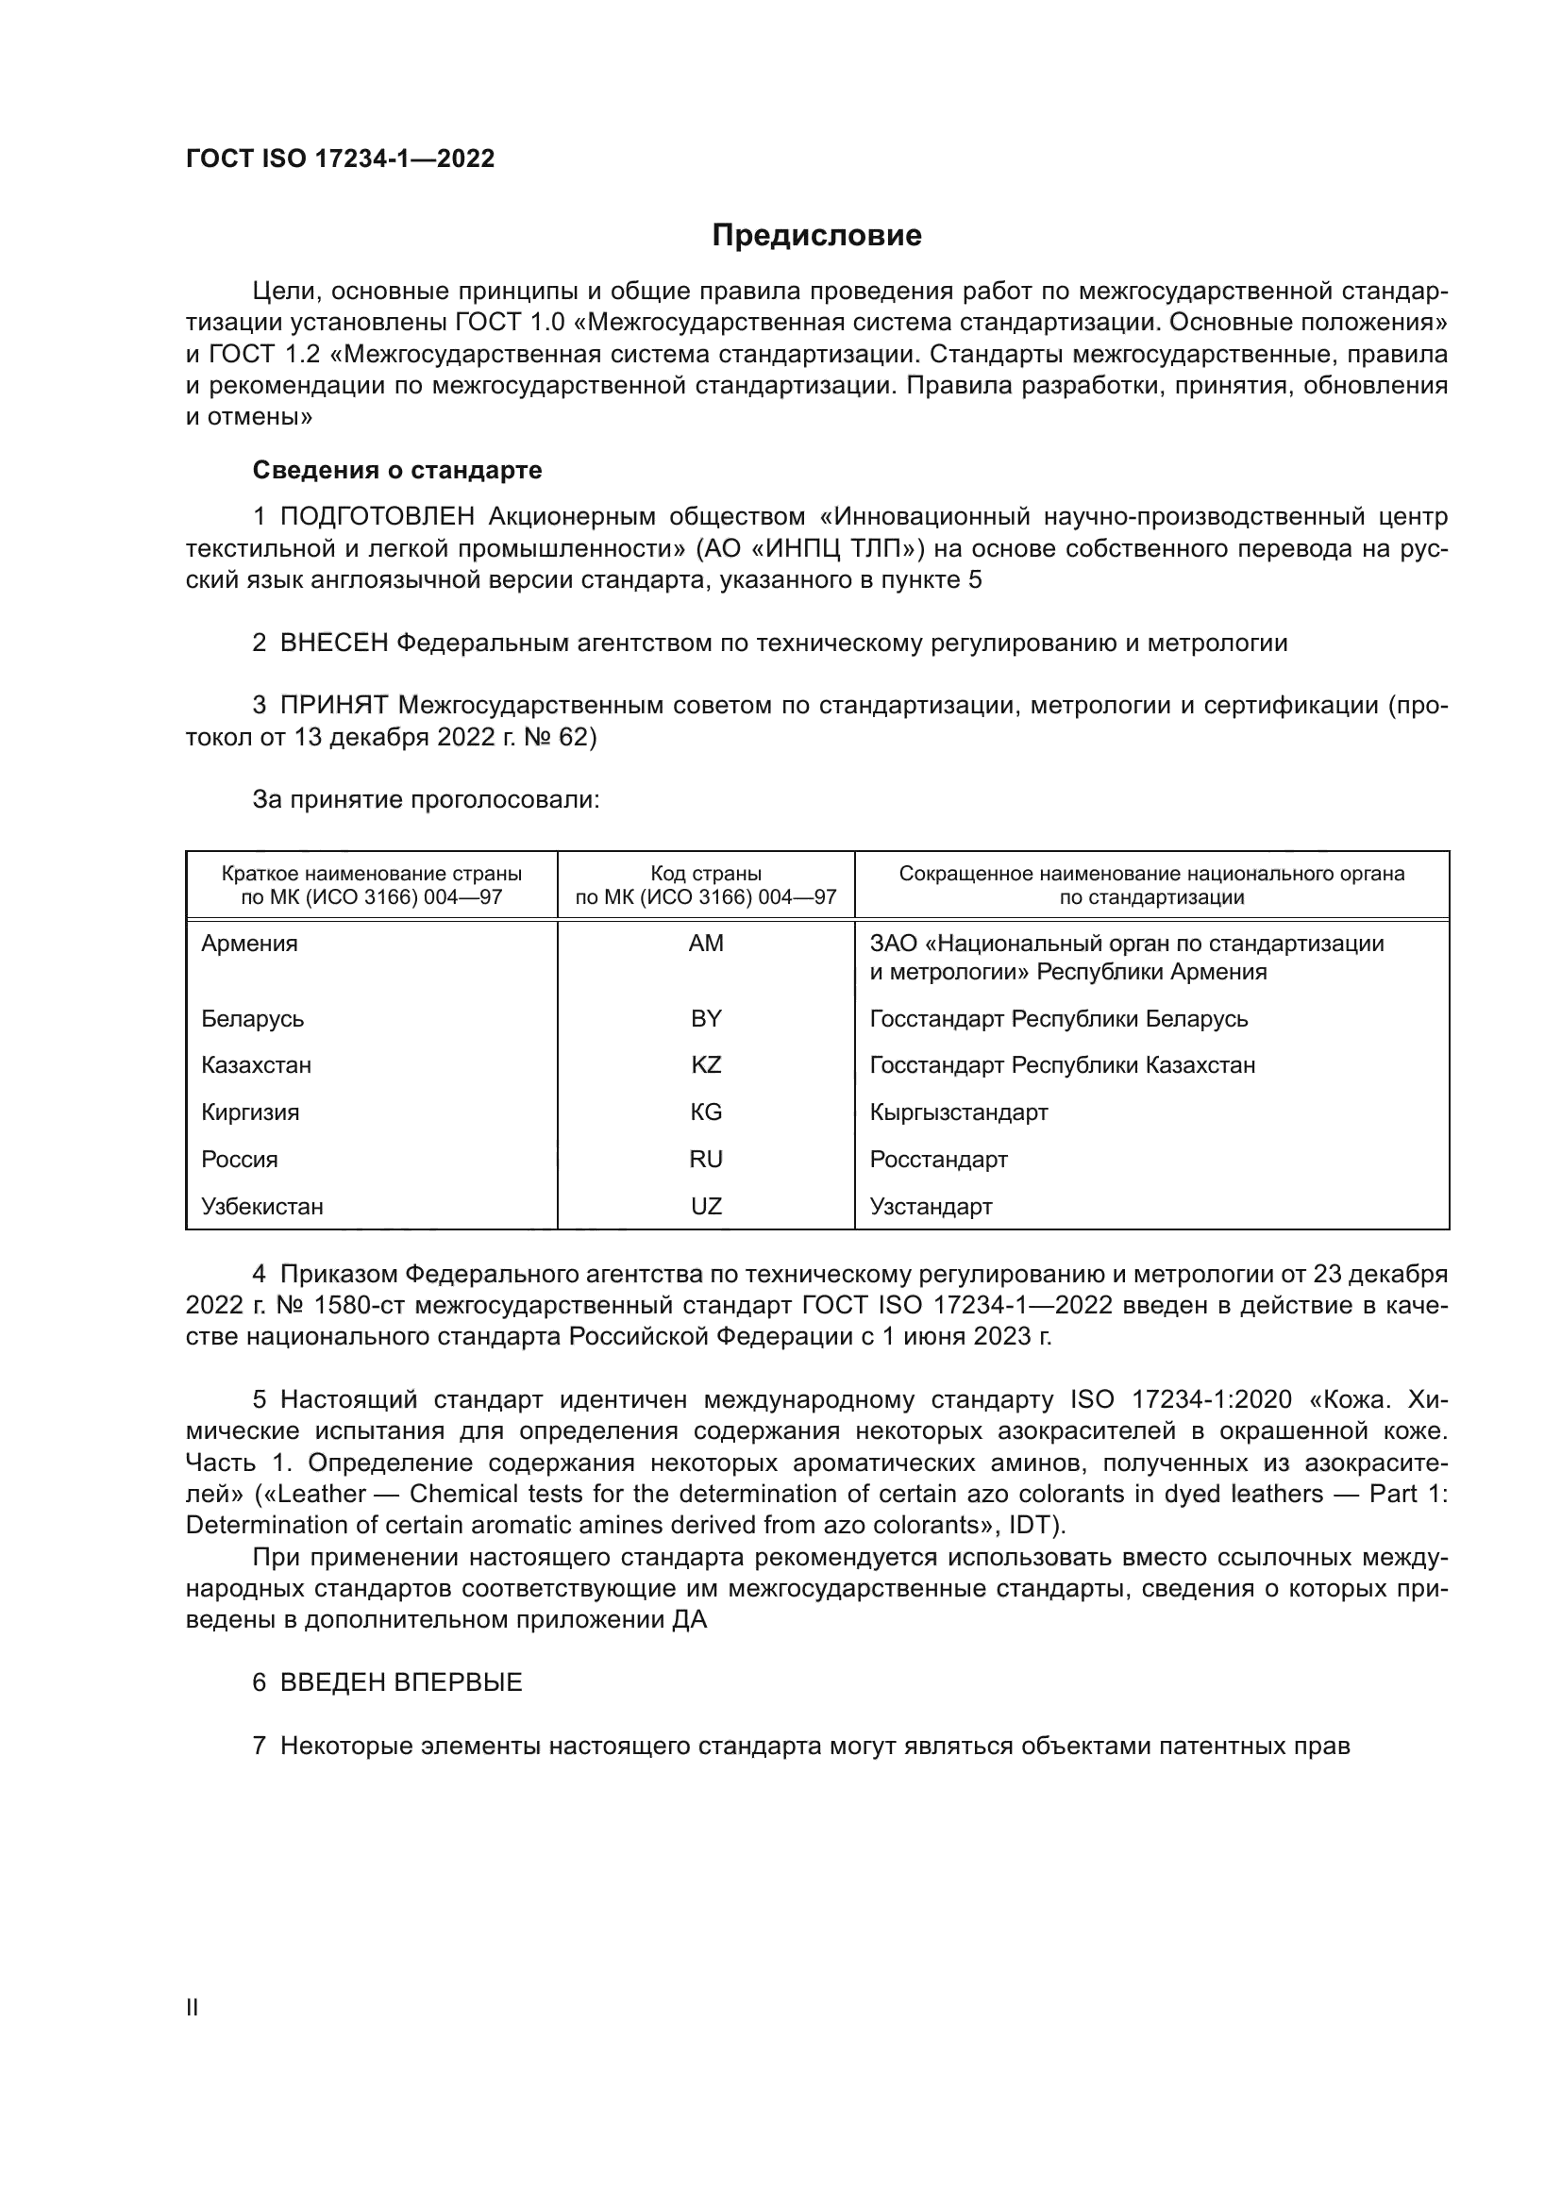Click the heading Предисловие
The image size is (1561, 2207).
click(x=816, y=236)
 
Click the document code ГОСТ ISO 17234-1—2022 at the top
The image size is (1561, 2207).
click(x=341, y=159)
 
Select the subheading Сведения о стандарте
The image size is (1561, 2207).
click(x=397, y=470)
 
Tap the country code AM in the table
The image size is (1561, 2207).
click(x=706, y=944)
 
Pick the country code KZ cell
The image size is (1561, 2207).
click(x=706, y=1065)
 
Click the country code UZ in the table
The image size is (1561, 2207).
click(x=706, y=1207)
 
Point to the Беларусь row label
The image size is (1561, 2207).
click(x=252, y=1019)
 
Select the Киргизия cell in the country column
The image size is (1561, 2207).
click(x=250, y=1112)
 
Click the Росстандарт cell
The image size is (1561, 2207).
click(x=938, y=1160)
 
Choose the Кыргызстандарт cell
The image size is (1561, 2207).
click(x=958, y=1112)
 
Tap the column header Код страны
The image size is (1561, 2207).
click(x=706, y=874)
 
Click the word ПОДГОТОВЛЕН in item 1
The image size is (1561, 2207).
click(x=377, y=517)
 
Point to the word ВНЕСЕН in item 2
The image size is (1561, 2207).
click(x=333, y=644)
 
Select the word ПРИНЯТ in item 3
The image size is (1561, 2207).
click(x=333, y=706)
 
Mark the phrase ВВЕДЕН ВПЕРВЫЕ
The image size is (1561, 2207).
click(x=401, y=1682)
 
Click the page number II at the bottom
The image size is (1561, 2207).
click(x=193, y=2007)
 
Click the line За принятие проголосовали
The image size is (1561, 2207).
click(x=426, y=800)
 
